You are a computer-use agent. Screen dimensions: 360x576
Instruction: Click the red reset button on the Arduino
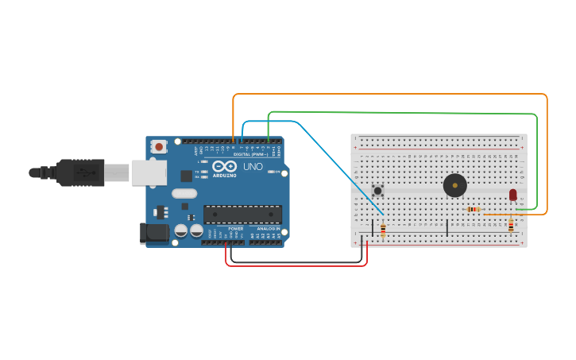pyautogui.click(x=159, y=147)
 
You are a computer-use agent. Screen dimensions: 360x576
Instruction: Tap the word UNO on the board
pyautogui.click(x=253, y=167)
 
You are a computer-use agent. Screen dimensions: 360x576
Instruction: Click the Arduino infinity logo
pyautogui.click(x=224, y=167)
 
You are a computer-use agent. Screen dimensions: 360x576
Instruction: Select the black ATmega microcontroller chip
pyautogui.click(x=242, y=215)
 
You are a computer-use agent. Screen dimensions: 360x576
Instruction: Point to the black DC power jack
pyautogui.click(x=154, y=233)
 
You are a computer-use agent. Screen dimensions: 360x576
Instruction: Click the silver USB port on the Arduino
pyautogui.click(x=149, y=172)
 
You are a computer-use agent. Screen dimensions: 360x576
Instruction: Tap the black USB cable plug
pyautogui.click(x=80, y=172)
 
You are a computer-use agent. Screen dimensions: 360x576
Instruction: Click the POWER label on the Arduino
pyautogui.click(x=236, y=229)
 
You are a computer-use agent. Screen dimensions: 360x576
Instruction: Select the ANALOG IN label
pyautogui.click(x=268, y=229)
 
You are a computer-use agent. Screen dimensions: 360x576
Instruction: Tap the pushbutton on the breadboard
pyautogui.click(x=377, y=191)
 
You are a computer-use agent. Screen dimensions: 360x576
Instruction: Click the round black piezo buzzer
pyautogui.click(x=455, y=185)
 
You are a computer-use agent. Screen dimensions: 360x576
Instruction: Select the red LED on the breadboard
pyautogui.click(x=513, y=194)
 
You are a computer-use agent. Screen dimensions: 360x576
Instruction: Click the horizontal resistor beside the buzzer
pyautogui.click(x=474, y=209)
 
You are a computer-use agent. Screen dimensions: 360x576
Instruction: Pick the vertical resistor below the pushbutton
pyautogui.click(x=383, y=230)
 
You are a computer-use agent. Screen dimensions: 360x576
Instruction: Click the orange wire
pyautogui.click(x=389, y=95)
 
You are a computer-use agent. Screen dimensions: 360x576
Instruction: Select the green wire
pyautogui.click(x=397, y=112)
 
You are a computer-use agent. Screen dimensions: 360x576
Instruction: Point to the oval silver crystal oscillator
pyautogui.click(x=184, y=193)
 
